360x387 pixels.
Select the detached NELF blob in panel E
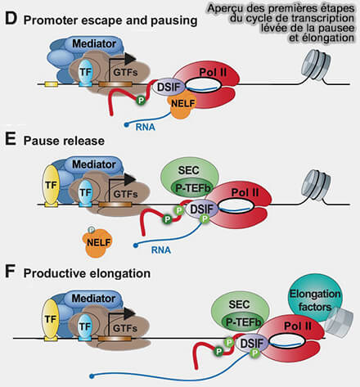coord(97,243)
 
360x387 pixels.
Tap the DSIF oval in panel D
coord(169,88)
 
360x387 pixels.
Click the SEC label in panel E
coord(188,170)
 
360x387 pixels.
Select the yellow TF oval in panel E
coord(51,186)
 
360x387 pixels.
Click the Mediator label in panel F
coord(93,298)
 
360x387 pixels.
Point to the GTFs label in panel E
coord(125,194)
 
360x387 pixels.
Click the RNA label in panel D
coord(146,127)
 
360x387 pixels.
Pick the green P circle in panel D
coord(141,101)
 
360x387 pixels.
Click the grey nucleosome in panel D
coord(317,65)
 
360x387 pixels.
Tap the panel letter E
coord(11,140)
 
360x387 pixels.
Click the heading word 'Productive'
coord(55,273)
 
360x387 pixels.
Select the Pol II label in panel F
coord(298,326)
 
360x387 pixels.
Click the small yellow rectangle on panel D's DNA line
coord(52,84)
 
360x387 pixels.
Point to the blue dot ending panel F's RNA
coord(92,376)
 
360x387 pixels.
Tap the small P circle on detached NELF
coord(92,230)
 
